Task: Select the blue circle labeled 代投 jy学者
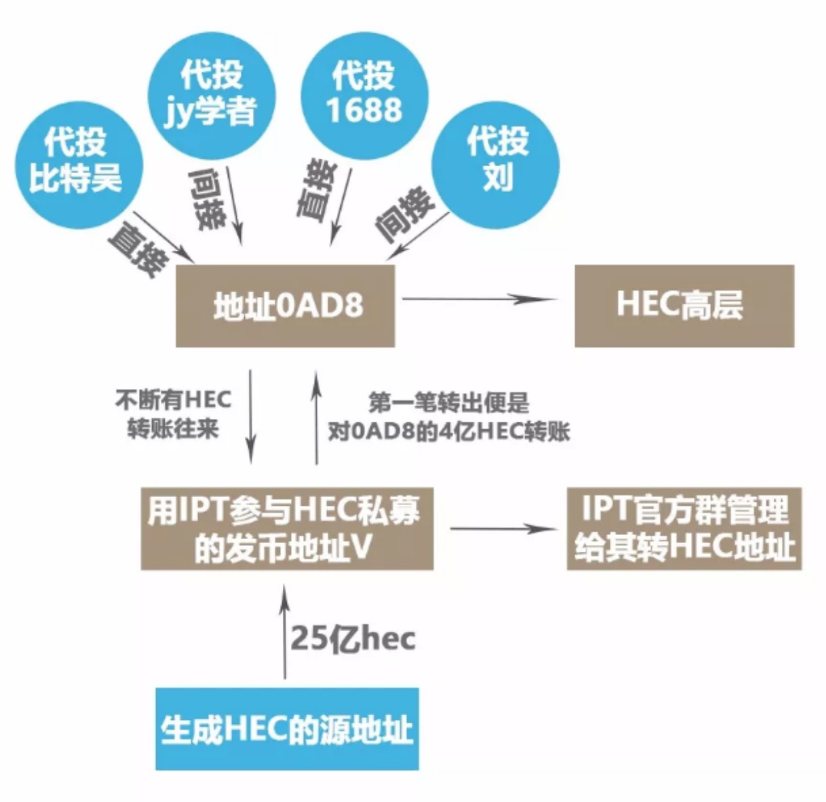[211, 94]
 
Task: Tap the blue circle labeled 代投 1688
[364, 93]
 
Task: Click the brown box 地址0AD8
[286, 306]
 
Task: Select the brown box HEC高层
[684, 306]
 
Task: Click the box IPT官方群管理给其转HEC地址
[684, 529]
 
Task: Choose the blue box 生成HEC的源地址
[287, 729]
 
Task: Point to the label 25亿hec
[353, 639]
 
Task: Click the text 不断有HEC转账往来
[173, 414]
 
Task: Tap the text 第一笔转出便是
[448, 403]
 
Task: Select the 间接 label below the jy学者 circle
[207, 199]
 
